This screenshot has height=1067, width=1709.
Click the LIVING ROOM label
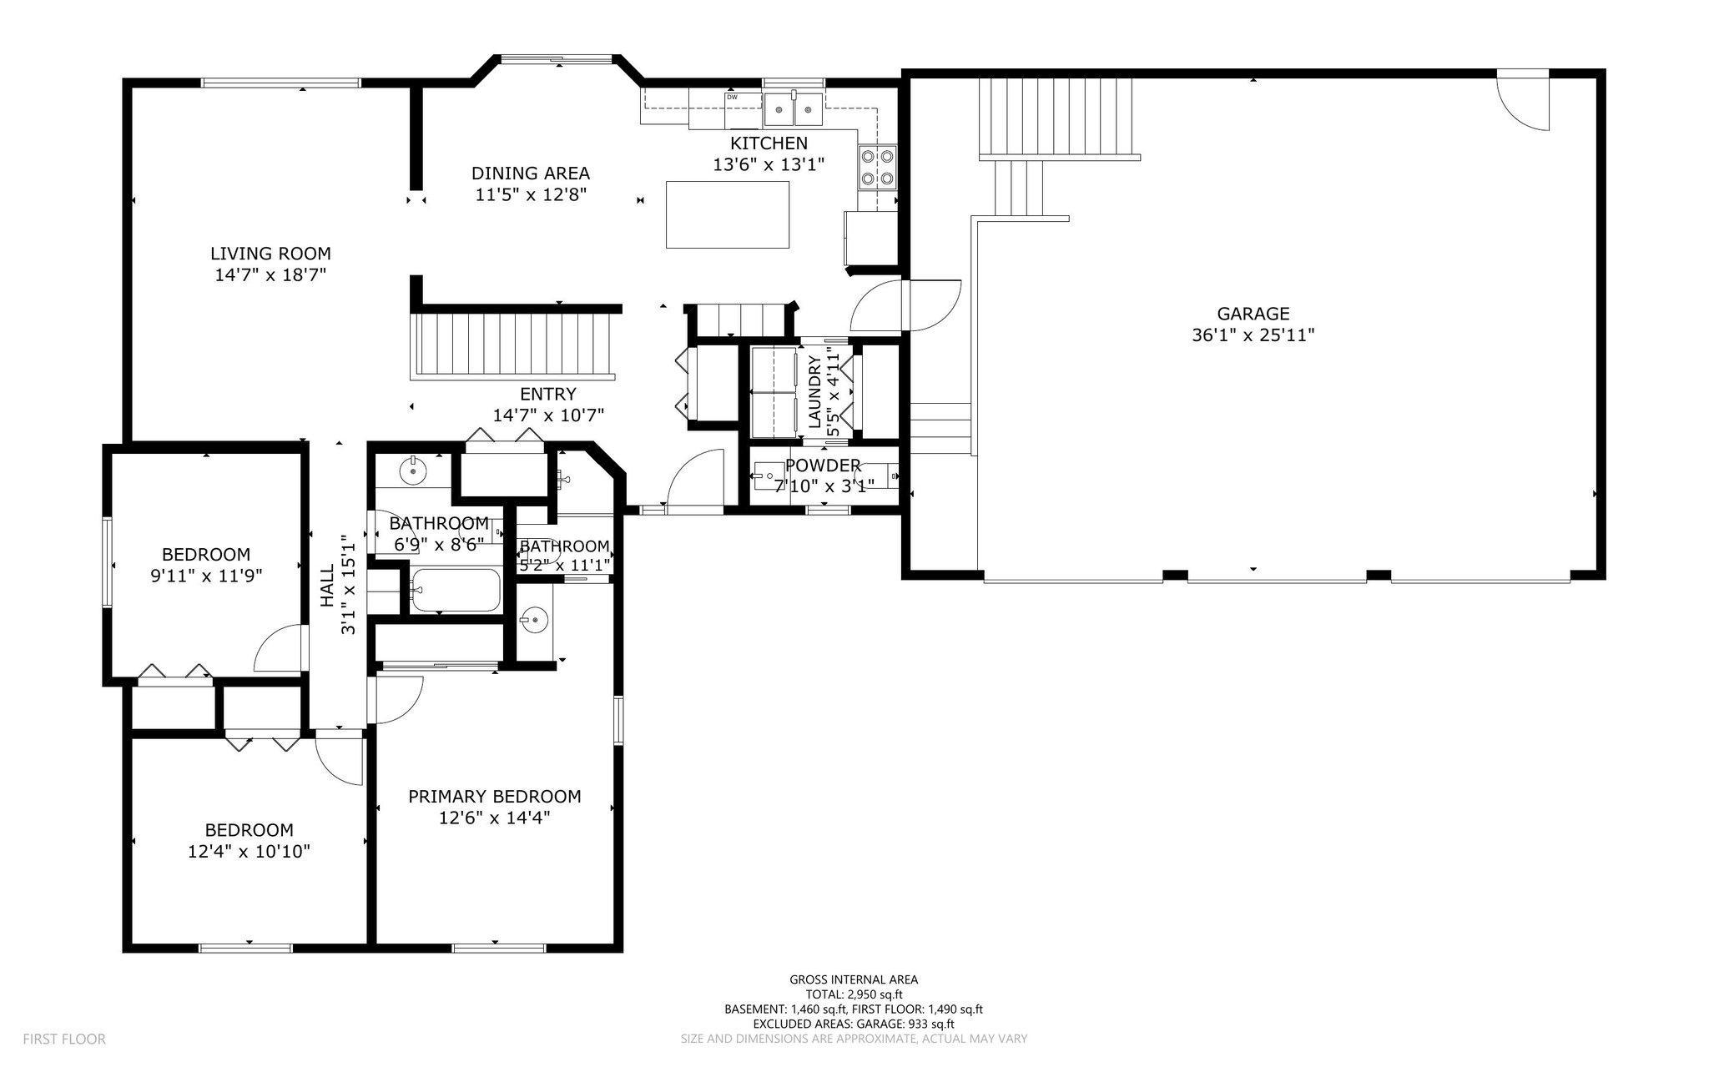pyautogui.click(x=270, y=254)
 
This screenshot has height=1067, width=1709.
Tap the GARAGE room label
pyautogui.click(x=1253, y=314)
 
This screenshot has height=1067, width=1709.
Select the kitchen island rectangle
pyautogui.click(x=728, y=214)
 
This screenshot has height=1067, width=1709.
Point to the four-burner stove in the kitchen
pyautogui.click(x=877, y=166)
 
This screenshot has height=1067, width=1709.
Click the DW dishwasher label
pyautogui.click(x=732, y=97)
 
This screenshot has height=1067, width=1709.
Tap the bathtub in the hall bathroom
pyautogui.click(x=456, y=590)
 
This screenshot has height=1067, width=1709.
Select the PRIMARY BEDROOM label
pyautogui.click(x=495, y=797)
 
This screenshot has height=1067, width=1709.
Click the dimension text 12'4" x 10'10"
pyautogui.click(x=250, y=852)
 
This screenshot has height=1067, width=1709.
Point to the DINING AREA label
pyautogui.click(x=531, y=174)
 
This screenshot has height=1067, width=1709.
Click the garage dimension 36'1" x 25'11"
pyautogui.click(x=1253, y=335)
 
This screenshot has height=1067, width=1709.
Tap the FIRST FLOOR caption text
pyautogui.click(x=64, y=1039)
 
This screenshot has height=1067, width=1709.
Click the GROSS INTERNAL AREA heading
pyautogui.click(x=854, y=980)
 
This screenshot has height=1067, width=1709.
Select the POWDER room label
pyautogui.click(x=823, y=466)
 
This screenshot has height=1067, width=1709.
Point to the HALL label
pyautogui.click(x=327, y=585)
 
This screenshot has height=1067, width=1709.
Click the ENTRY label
pyautogui.click(x=548, y=394)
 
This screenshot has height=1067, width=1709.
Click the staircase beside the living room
pyautogui.click(x=516, y=345)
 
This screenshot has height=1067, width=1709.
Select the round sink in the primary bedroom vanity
pyautogui.click(x=532, y=620)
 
